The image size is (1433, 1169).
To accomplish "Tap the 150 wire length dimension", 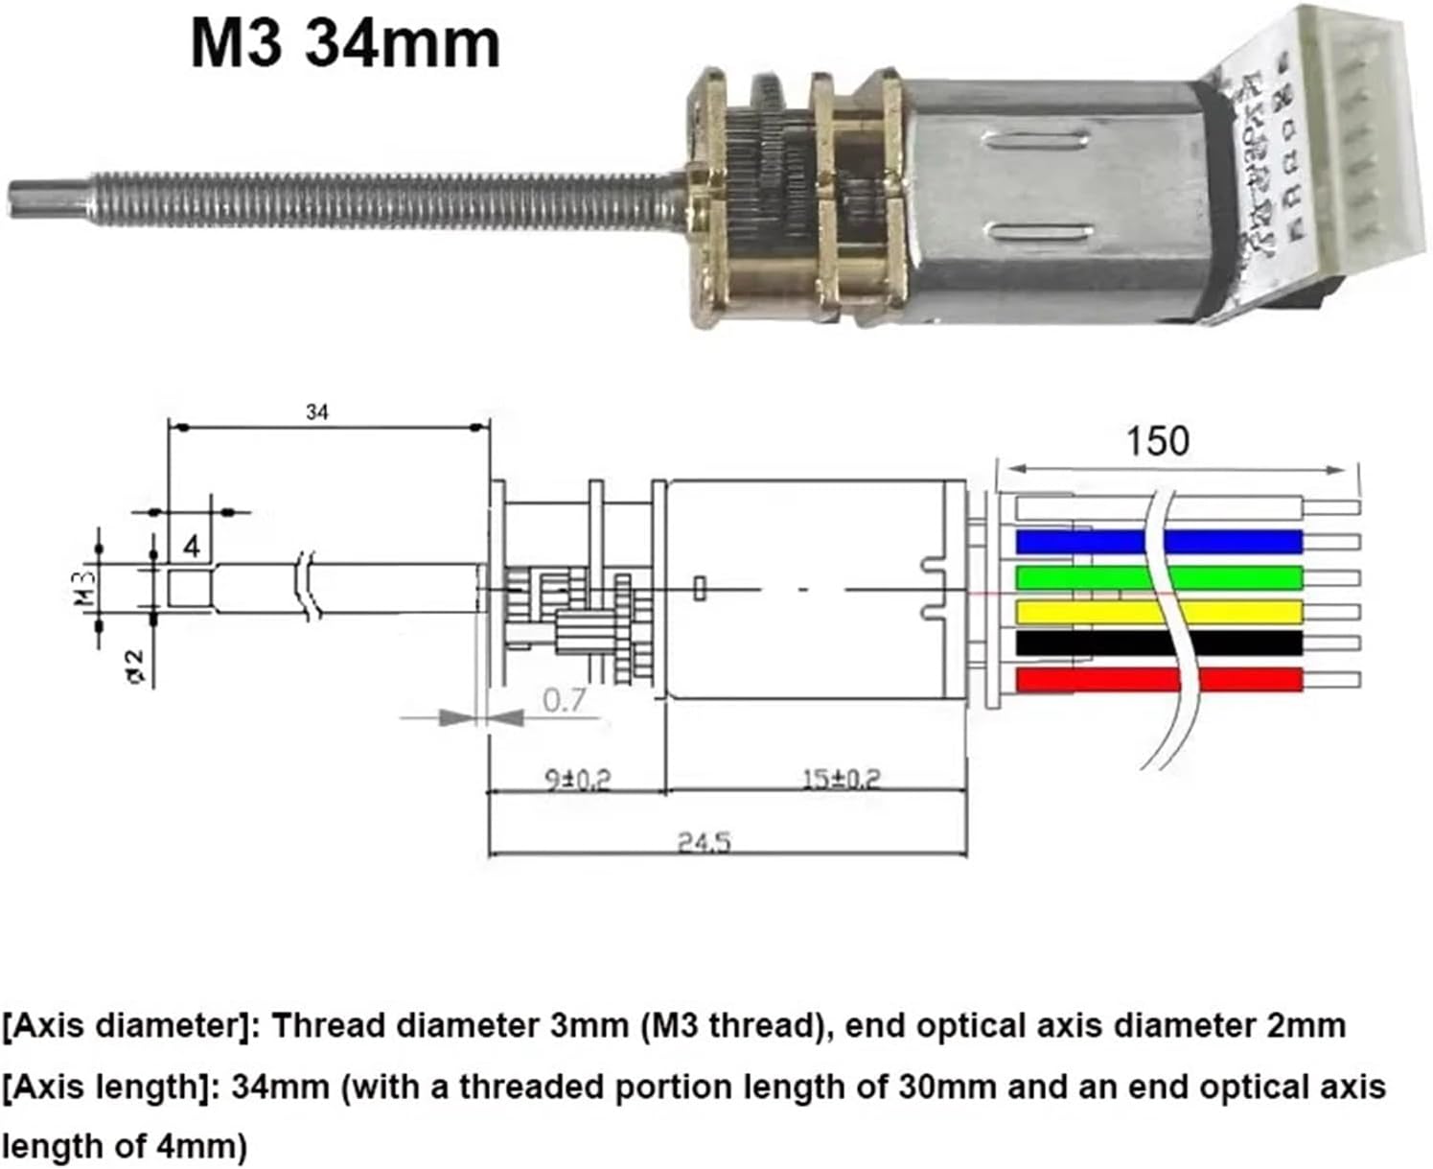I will pyautogui.click(x=1157, y=441).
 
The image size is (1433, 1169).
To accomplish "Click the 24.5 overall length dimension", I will pyautogui.click(x=705, y=842).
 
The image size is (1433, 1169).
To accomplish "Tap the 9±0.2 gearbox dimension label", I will pyautogui.click(x=577, y=779).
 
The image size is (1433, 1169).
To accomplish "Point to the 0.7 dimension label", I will pyautogui.click(x=564, y=700).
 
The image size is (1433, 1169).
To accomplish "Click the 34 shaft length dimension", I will pyautogui.click(x=317, y=412).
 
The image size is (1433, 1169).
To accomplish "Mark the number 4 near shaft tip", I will pyautogui.click(x=193, y=547).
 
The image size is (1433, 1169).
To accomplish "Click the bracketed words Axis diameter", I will pyautogui.click(x=128, y=1026).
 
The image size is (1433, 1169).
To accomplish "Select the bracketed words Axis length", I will pyautogui.click(x=114, y=1087).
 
